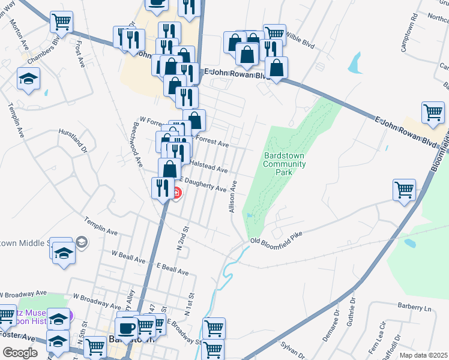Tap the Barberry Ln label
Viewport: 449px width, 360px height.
click(414, 308)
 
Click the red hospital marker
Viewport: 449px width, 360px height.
click(176, 193)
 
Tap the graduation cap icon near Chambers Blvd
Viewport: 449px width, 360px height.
click(28, 79)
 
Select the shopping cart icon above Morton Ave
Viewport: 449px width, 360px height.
click(61, 22)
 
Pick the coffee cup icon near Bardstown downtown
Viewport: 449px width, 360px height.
click(126, 328)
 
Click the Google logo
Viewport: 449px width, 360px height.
click(20, 353)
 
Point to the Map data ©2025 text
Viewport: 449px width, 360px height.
click(423, 355)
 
